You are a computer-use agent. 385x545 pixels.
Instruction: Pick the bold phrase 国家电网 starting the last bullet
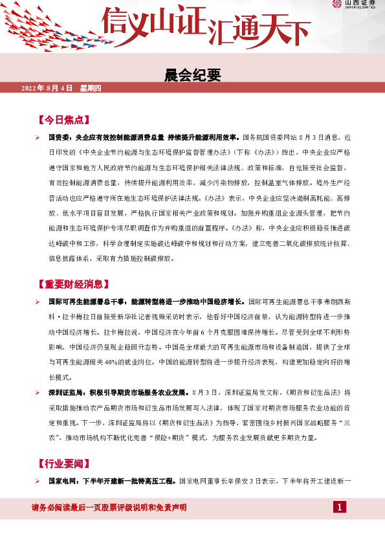(64, 480)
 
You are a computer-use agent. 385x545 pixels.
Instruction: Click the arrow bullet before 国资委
(38, 138)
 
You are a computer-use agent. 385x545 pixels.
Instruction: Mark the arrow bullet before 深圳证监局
(38, 392)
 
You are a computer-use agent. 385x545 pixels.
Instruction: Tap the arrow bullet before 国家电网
(38, 480)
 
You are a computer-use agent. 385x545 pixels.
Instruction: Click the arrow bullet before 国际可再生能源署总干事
(38, 302)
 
